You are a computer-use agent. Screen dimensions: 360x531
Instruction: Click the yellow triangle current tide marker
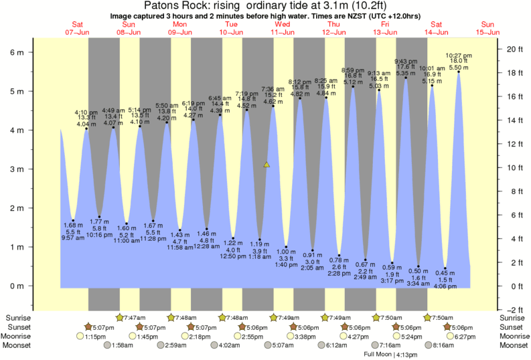pyautogui.click(x=267, y=164)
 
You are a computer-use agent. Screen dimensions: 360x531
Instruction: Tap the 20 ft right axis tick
pyautogui.click(x=514, y=49)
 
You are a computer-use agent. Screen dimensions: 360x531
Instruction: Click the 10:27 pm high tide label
pyautogui.click(x=459, y=56)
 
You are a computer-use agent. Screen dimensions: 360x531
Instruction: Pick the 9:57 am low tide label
pyautogui.click(x=72, y=238)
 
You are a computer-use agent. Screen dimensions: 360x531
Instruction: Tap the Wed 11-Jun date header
pyautogui.click(x=283, y=27)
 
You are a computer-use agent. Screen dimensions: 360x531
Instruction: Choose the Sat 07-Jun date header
pyautogui.click(x=78, y=27)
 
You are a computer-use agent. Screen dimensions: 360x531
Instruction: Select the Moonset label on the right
pyautogui.click(x=514, y=345)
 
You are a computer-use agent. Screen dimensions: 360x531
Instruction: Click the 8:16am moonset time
pyautogui.click(x=443, y=345)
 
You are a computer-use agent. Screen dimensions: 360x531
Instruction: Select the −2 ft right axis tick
pyautogui.click(x=514, y=310)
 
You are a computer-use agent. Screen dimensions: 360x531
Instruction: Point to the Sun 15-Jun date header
pyautogui.click(x=487, y=27)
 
